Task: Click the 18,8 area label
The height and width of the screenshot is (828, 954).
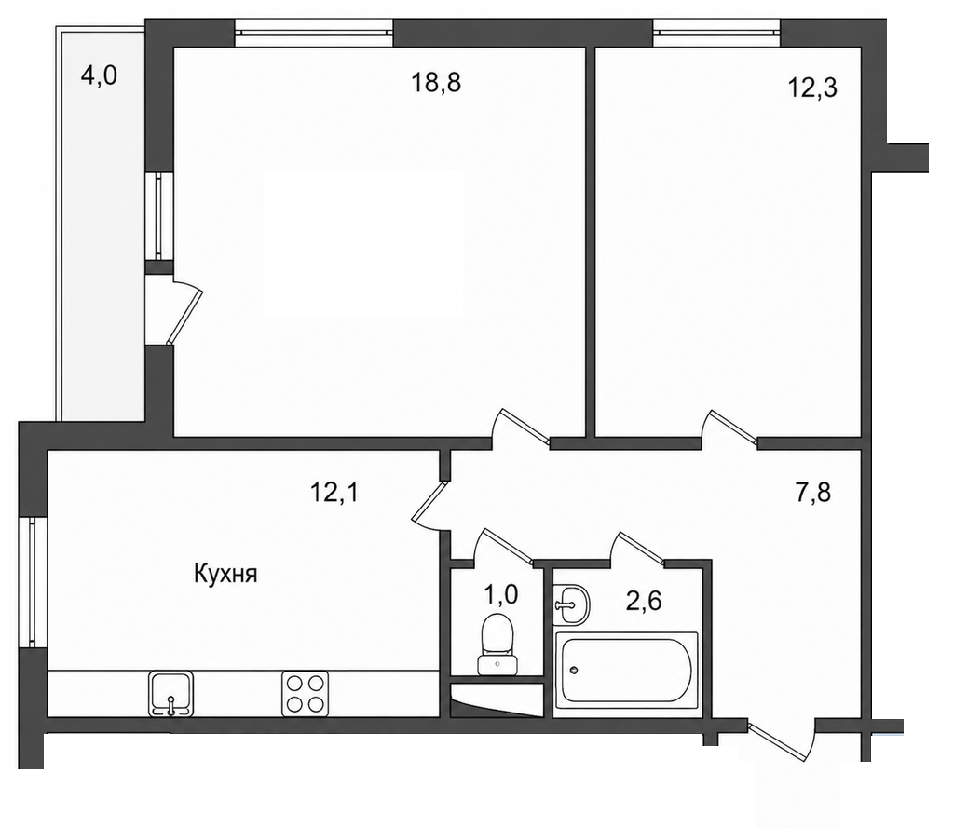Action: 436,82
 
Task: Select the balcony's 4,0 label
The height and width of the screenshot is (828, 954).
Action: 99,76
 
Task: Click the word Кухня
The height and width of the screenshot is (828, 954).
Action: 225,574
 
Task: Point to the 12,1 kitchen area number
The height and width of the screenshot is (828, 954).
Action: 334,492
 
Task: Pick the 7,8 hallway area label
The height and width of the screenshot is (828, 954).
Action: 812,492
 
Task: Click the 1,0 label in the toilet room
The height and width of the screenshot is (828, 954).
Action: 500,594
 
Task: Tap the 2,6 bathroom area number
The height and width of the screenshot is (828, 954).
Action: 643,601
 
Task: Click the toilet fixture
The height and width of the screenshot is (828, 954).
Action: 498,644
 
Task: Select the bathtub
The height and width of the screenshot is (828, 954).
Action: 626,668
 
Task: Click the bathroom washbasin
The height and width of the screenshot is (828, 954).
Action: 571,604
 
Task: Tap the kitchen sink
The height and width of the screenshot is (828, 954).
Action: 171,694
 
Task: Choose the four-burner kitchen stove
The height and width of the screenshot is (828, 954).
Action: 305,694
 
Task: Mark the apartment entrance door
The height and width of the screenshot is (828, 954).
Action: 782,740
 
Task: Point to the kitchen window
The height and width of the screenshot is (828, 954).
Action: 33,582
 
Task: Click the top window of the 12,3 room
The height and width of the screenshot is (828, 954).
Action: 716,33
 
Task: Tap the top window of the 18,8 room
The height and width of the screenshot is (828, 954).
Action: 314,33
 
